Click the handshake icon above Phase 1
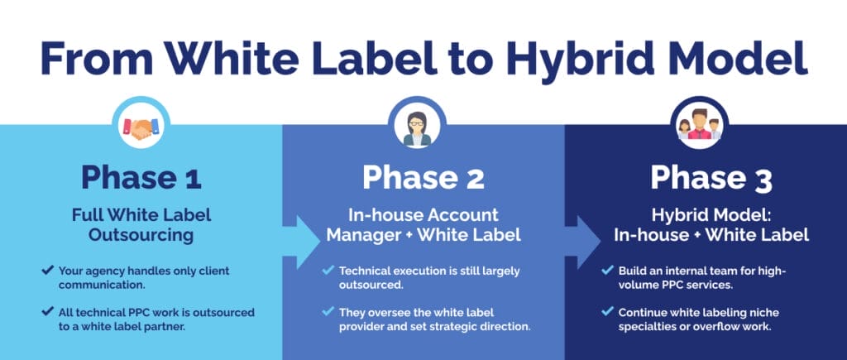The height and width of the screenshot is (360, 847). [x=141, y=127]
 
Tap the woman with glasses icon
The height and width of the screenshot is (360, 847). [x=417, y=128]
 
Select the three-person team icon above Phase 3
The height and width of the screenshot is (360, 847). [x=700, y=125]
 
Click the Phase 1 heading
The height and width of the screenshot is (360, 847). [x=141, y=177]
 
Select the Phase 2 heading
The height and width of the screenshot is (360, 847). [x=423, y=177]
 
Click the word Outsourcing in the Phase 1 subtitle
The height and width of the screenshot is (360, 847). [x=141, y=235]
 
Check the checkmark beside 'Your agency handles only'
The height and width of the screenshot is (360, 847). [x=47, y=269]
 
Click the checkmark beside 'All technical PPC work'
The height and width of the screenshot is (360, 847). [x=47, y=311]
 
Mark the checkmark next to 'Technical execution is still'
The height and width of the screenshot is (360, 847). [x=328, y=269]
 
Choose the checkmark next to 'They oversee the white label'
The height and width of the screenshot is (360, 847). [x=328, y=311]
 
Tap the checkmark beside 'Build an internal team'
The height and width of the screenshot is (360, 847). [x=608, y=269]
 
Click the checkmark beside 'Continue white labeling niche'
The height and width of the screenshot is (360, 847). [x=608, y=311]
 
